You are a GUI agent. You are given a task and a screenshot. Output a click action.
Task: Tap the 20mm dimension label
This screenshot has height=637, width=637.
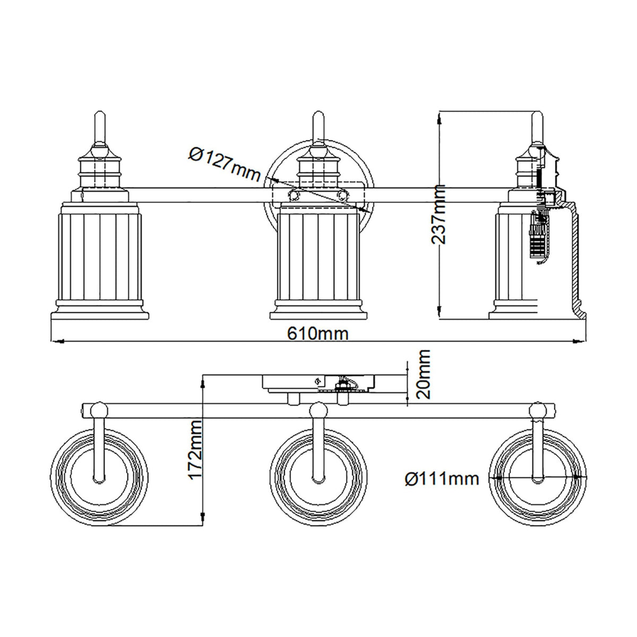click(x=423, y=374)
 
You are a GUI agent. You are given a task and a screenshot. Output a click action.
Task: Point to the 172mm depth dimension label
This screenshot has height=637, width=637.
click(x=196, y=450)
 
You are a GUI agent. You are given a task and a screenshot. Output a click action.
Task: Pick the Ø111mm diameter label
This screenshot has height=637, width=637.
click(x=442, y=479)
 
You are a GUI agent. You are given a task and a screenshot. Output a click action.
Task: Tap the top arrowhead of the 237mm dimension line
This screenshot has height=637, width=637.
click(x=440, y=120)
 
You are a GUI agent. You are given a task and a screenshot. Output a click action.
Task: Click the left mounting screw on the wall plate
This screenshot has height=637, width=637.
click(x=292, y=195)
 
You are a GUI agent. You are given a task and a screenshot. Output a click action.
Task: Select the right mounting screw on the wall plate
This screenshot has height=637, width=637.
click(x=342, y=195)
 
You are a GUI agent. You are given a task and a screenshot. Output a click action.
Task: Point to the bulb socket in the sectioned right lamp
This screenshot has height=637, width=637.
click(x=539, y=234)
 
